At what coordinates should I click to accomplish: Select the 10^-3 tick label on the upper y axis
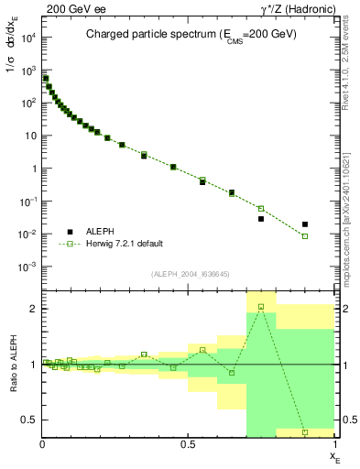pos(27,267)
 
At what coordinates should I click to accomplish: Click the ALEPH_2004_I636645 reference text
pos(189,274)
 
